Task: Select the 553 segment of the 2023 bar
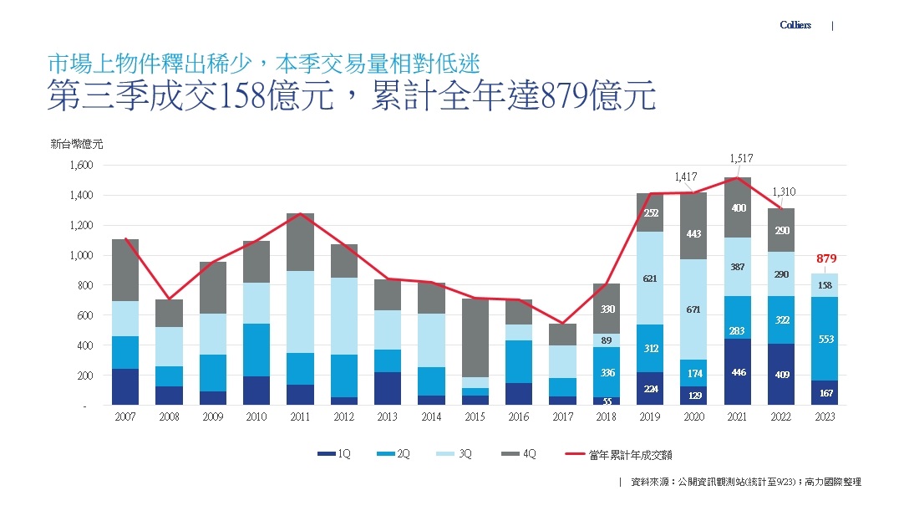[825, 339]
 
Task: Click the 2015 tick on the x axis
[475, 416]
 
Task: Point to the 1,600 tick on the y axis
[82, 166]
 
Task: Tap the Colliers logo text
[795, 25]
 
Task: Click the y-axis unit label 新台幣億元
[77, 145]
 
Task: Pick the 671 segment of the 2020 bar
[693, 309]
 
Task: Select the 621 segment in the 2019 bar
[650, 278]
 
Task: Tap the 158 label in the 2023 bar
[825, 285]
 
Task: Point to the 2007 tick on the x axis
[124, 416]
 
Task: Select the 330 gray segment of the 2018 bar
[607, 309]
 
